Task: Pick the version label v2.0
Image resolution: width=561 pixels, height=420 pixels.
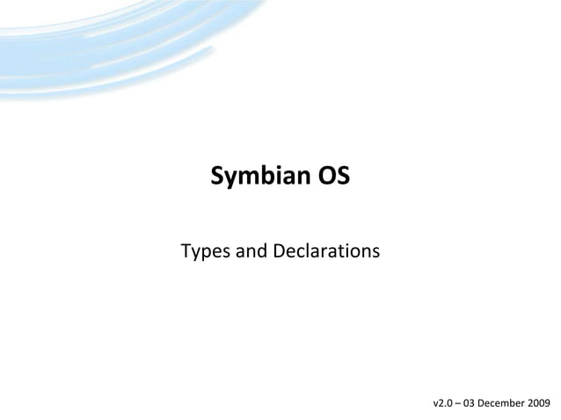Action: click(x=446, y=403)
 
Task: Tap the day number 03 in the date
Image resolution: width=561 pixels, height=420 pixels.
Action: click(x=480, y=403)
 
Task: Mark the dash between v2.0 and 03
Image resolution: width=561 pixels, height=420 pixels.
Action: click(x=466, y=403)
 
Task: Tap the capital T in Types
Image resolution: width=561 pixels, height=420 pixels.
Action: click(x=186, y=253)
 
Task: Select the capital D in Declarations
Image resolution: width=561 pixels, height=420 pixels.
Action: click(x=280, y=253)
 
